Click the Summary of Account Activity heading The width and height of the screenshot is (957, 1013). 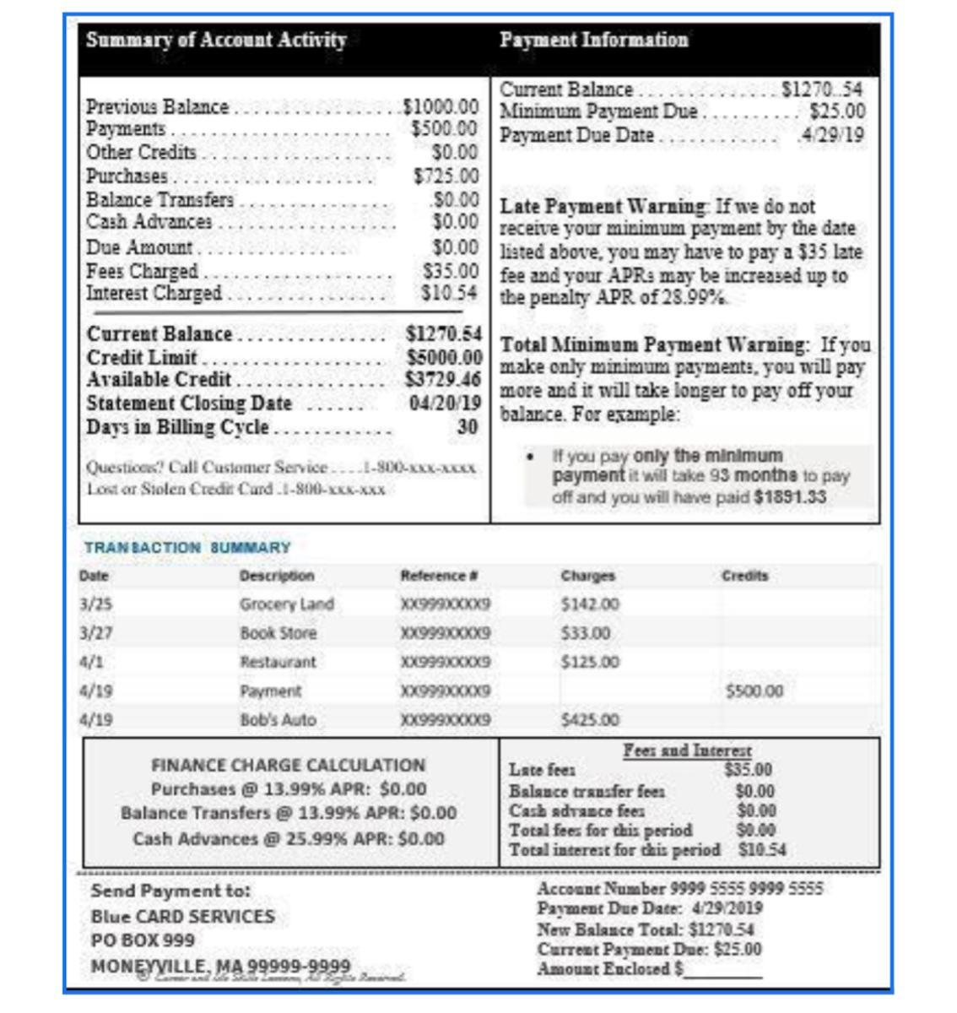point(216,41)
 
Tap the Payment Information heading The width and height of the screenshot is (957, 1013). point(593,41)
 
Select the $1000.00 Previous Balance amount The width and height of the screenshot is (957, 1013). point(441,107)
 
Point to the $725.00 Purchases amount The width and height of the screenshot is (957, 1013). point(446,176)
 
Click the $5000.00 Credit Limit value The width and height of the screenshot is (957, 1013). point(444,358)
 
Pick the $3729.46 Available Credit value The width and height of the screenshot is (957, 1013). point(443,380)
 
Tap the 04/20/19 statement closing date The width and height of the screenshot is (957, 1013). point(445,404)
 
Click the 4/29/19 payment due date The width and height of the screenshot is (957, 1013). point(832,135)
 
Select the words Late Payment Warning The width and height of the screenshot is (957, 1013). point(603,207)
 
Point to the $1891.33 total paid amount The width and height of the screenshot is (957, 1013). point(790,497)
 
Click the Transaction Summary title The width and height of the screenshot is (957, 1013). point(187,548)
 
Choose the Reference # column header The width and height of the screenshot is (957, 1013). point(439,576)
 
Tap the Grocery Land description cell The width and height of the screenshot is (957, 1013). point(286,604)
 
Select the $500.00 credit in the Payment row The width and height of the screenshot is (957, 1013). point(754,691)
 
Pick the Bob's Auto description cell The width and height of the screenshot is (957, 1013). point(278,720)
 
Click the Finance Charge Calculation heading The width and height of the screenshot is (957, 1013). point(288,766)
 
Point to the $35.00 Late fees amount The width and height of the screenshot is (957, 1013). point(748,770)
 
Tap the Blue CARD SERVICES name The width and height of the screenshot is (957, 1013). point(183,917)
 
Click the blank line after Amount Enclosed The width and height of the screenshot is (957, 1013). point(723,971)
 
